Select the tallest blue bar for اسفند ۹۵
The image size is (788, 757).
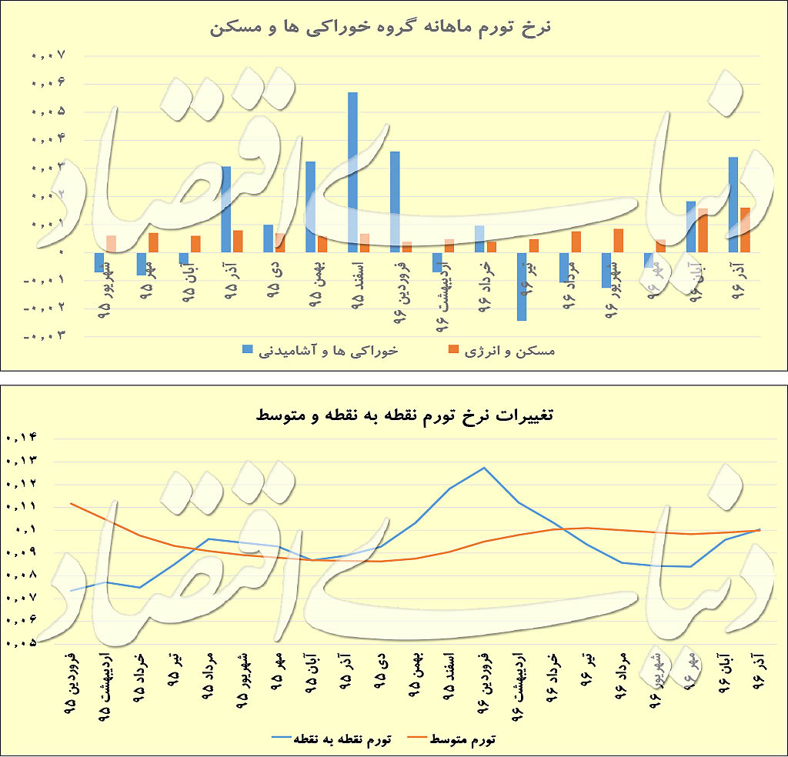pyautogui.click(x=352, y=172)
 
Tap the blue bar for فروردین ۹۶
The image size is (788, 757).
pyautogui.click(x=395, y=201)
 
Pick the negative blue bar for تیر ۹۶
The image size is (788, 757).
pyautogui.click(x=522, y=285)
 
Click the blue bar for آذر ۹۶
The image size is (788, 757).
pyautogui.click(x=733, y=204)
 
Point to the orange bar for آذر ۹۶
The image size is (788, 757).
pyautogui.click(x=745, y=229)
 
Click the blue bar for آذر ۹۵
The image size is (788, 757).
pyautogui.click(x=225, y=208)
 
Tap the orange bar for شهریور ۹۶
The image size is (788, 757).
pyautogui.click(x=618, y=240)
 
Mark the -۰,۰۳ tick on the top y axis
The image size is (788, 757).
pyautogui.click(x=45, y=335)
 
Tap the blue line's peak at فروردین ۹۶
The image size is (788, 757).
pyautogui.click(x=484, y=468)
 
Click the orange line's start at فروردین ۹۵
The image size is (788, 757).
pyautogui.click(x=71, y=503)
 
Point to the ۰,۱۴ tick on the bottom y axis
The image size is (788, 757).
pyautogui.click(x=21, y=438)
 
